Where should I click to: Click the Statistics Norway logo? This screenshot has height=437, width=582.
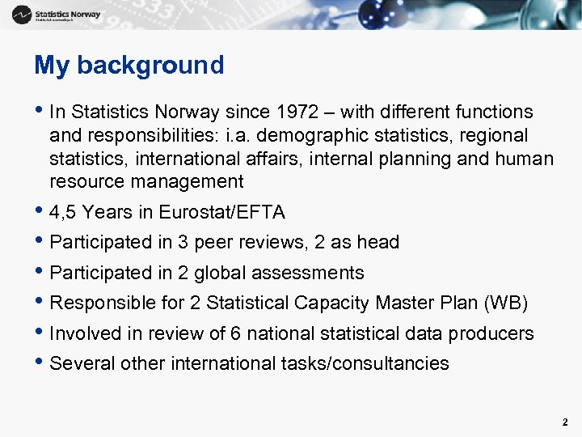(57, 15)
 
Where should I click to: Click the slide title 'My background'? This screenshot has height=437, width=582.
(129, 65)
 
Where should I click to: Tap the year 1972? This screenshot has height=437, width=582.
(298, 112)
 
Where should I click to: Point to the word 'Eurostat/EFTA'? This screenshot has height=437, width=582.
(222, 213)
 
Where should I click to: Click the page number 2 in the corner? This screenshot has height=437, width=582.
(565, 422)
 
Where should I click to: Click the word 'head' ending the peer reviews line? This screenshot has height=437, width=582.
(379, 243)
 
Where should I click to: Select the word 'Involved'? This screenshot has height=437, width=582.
(84, 333)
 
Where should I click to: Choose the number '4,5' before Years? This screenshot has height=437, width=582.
(63, 213)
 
